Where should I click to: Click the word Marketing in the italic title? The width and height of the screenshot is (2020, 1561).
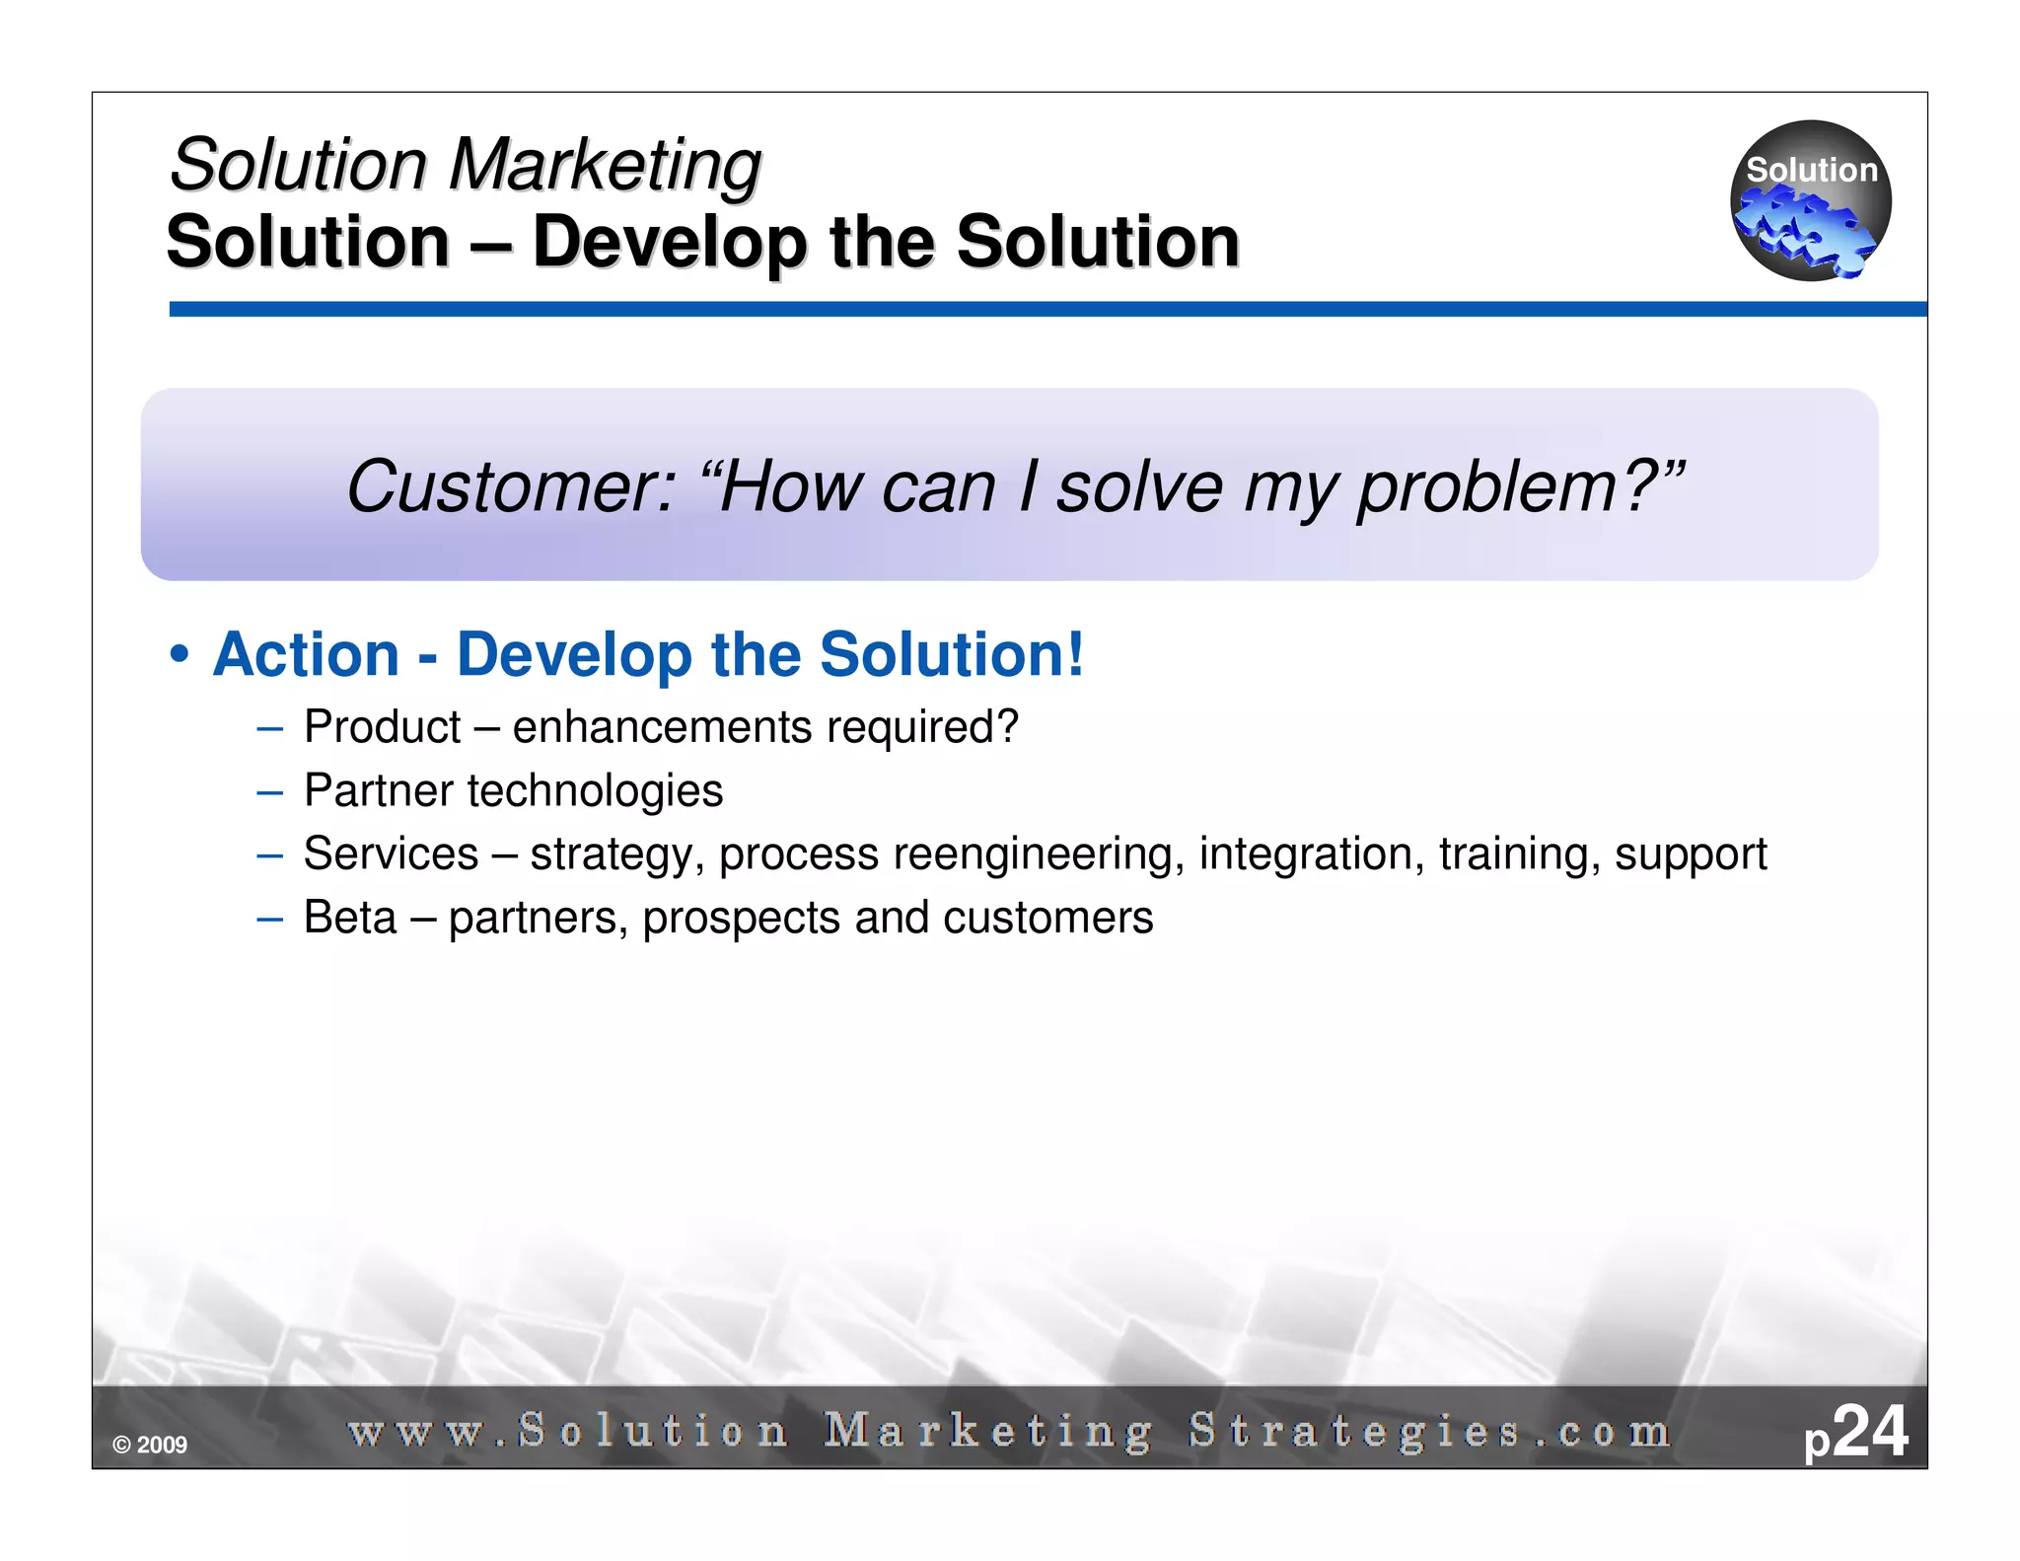click(604, 164)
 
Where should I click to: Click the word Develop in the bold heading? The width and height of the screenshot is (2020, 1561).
click(669, 242)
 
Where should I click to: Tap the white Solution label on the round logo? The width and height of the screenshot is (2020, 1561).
click(1811, 170)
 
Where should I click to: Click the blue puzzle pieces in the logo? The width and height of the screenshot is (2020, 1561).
click(1804, 230)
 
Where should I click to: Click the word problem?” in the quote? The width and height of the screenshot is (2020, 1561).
click(1520, 486)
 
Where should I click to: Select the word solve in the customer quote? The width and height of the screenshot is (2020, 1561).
click(1139, 486)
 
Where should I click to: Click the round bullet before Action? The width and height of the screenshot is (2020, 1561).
click(179, 655)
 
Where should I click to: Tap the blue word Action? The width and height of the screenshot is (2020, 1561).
click(306, 655)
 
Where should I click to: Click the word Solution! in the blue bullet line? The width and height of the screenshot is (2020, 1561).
click(951, 655)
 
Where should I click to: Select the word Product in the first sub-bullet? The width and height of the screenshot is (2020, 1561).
click(382, 727)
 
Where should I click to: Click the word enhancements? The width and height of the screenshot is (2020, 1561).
click(662, 727)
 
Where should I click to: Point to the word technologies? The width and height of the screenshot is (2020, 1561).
click(595, 790)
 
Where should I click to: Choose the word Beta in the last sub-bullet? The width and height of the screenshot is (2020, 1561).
click(350, 918)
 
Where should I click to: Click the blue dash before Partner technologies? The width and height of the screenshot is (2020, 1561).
click(269, 791)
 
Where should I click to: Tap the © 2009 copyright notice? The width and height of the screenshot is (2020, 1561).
click(150, 1446)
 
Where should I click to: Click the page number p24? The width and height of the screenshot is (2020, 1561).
click(1855, 1433)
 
